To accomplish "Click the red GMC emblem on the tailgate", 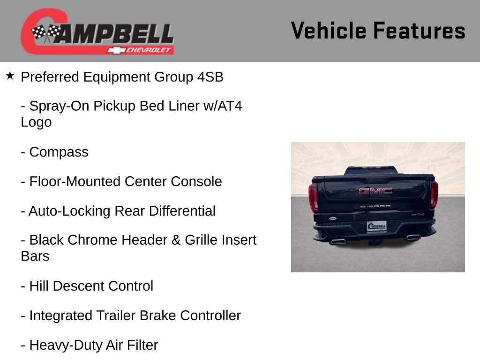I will tap(375, 191).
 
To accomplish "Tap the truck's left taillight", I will tap(314, 197).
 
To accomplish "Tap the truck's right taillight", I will tap(434, 194).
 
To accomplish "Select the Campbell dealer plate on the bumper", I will tap(376, 226).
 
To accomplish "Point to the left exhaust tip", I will tap(337, 241).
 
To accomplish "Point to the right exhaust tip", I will tap(413, 237).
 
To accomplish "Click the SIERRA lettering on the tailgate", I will tap(375, 206).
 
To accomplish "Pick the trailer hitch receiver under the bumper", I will tap(375, 242).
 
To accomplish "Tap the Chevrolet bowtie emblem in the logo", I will tap(114, 50).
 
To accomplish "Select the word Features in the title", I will tap(420, 31).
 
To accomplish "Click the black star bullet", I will tap(10, 75).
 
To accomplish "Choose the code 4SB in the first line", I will tap(210, 77).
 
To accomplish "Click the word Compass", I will tap(59, 152).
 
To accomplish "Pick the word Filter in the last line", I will tap(141, 345).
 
